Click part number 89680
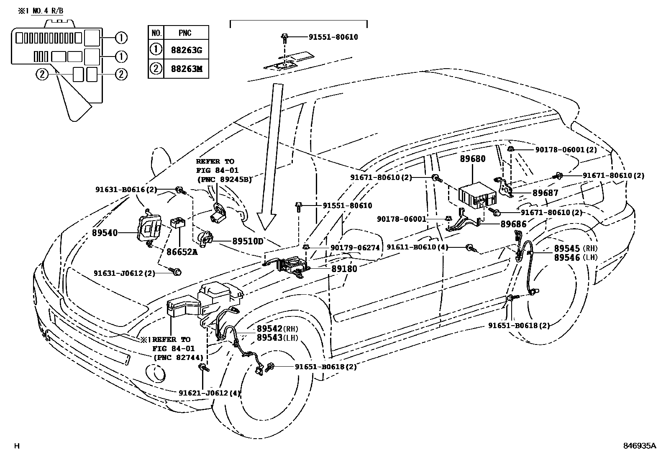pyautogui.click(x=473, y=159)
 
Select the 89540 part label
pyautogui.click(x=105, y=233)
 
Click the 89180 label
pyautogui.click(x=344, y=269)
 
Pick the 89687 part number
pyautogui.click(x=545, y=193)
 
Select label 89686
pyautogui.click(x=513, y=224)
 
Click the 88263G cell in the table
pyautogui.click(x=186, y=50)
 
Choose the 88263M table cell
pyautogui.click(x=186, y=69)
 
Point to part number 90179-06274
pyautogui.click(x=355, y=248)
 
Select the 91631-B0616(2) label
pyautogui.click(x=126, y=190)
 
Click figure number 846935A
pyautogui.click(x=638, y=446)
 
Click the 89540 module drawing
pyautogui.click(x=149, y=229)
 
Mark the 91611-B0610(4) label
pyautogui.click(x=417, y=247)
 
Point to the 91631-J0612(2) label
pyautogui.click(x=124, y=273)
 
